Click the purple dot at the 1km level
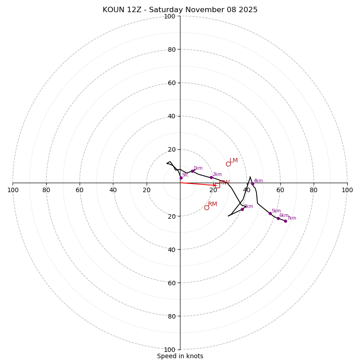pos(192,171)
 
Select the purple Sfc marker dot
pos(181,178)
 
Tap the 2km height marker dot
pos(211,177)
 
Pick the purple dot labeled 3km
pos(242,209)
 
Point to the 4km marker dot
pos(252,184)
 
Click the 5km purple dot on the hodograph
pos(270,213)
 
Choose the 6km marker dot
pos(278,218)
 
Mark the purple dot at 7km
pos(285,221)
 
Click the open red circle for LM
pos(228,164)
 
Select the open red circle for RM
pos(207,207)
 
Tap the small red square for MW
pos(217,185)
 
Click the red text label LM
pos(234,161)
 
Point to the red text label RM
pos(212,204)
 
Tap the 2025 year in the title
pos(248,10)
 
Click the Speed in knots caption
pos(180,356)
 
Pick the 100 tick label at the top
pos(170,16)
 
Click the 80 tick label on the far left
pos(46,190)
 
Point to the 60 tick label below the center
pos(170,283)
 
